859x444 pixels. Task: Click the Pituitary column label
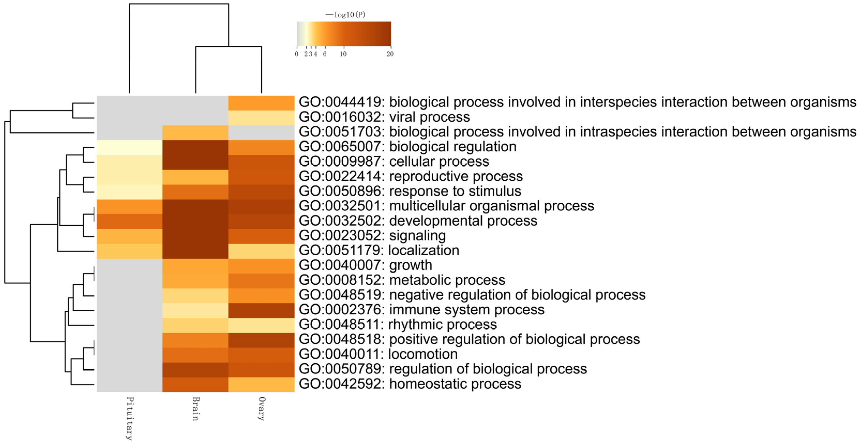(130, 418)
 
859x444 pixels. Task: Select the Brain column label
(196, 409)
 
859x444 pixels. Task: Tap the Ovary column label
(262, 409)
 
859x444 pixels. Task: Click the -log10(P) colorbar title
(345, 15)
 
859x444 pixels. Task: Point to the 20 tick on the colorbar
(390, 54)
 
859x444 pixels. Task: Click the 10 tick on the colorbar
(343, 54)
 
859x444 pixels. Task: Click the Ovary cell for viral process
(261, 118)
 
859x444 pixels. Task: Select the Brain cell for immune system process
(195, 310)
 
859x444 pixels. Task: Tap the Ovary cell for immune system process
(261, 310)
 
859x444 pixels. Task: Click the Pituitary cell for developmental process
(130, 221)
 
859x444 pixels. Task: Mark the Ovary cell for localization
(261, 251)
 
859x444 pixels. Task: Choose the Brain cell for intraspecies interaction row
(195, 132)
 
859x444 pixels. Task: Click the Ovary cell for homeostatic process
(261, 384)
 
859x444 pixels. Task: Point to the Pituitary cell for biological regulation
(130, 147)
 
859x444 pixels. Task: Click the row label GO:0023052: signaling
(372, 236)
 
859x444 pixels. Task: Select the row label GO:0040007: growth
(365, 265)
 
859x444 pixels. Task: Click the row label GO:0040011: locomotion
(378, 354)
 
